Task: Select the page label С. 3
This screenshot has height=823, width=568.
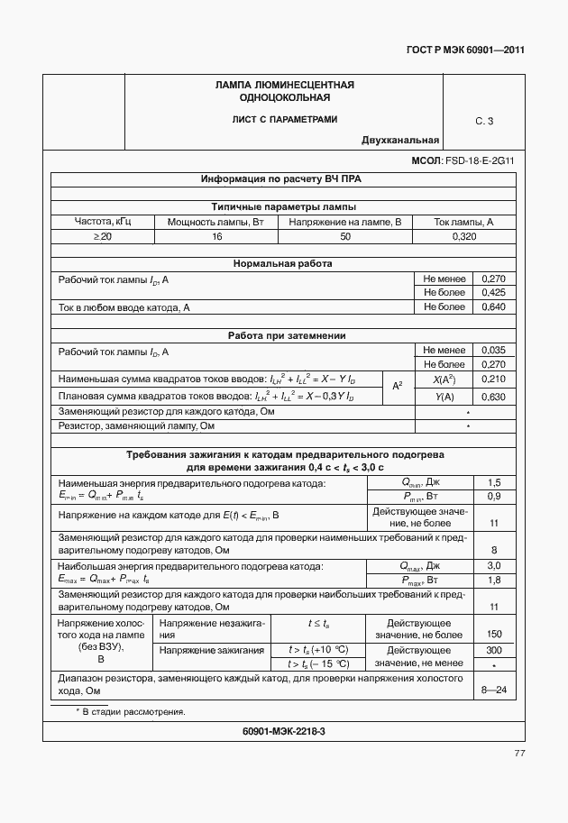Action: [x=484, y=121]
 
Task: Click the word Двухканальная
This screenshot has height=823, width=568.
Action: [x=400, y=140]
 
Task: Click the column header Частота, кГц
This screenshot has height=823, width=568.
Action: [x=103, y=222]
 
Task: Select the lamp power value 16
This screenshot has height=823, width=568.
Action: [x=216, y=236]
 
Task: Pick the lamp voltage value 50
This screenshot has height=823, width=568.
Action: [x=345, y=236]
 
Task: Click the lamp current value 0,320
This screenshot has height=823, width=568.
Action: [x=463, y=236]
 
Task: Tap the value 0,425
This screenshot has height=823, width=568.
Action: [x=494, y=293]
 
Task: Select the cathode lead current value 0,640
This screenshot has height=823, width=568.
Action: [x=494, y=307]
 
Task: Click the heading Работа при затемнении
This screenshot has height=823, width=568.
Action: [x=282, y=336]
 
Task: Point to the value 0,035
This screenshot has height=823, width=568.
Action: [x=494, y=351]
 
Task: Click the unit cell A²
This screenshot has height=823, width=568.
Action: [x=397, y=387]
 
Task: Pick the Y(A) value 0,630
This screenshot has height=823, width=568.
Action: [x=494, y=398]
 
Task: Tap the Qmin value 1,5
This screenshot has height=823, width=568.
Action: [x=494, y=483]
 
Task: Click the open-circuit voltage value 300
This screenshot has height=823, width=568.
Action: [x=494, y=650]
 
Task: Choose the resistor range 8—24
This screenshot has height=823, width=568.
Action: [x=494, y=690]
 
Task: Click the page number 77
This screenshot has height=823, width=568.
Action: [x=519, y=754]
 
